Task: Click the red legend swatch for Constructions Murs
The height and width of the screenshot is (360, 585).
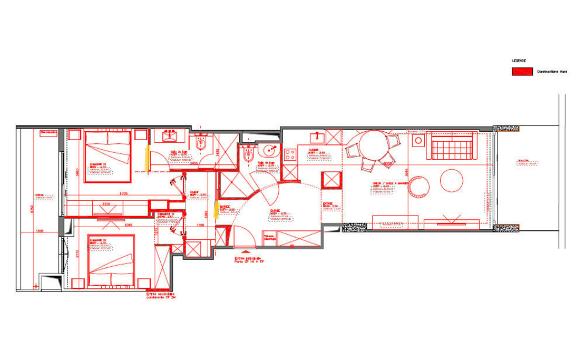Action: tap(521, 71)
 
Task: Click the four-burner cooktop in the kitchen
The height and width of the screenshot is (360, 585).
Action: tap(290, 155)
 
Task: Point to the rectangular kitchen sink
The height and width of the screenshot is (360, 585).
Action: tap(318, 136)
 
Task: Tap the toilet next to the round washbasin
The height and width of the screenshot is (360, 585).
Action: tap(249, 154)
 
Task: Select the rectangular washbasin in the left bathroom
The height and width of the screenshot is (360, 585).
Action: tap(170, 137)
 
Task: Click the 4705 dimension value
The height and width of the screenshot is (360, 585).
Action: tap(124, 193)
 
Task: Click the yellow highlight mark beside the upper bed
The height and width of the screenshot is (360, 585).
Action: tap(147, 157)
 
